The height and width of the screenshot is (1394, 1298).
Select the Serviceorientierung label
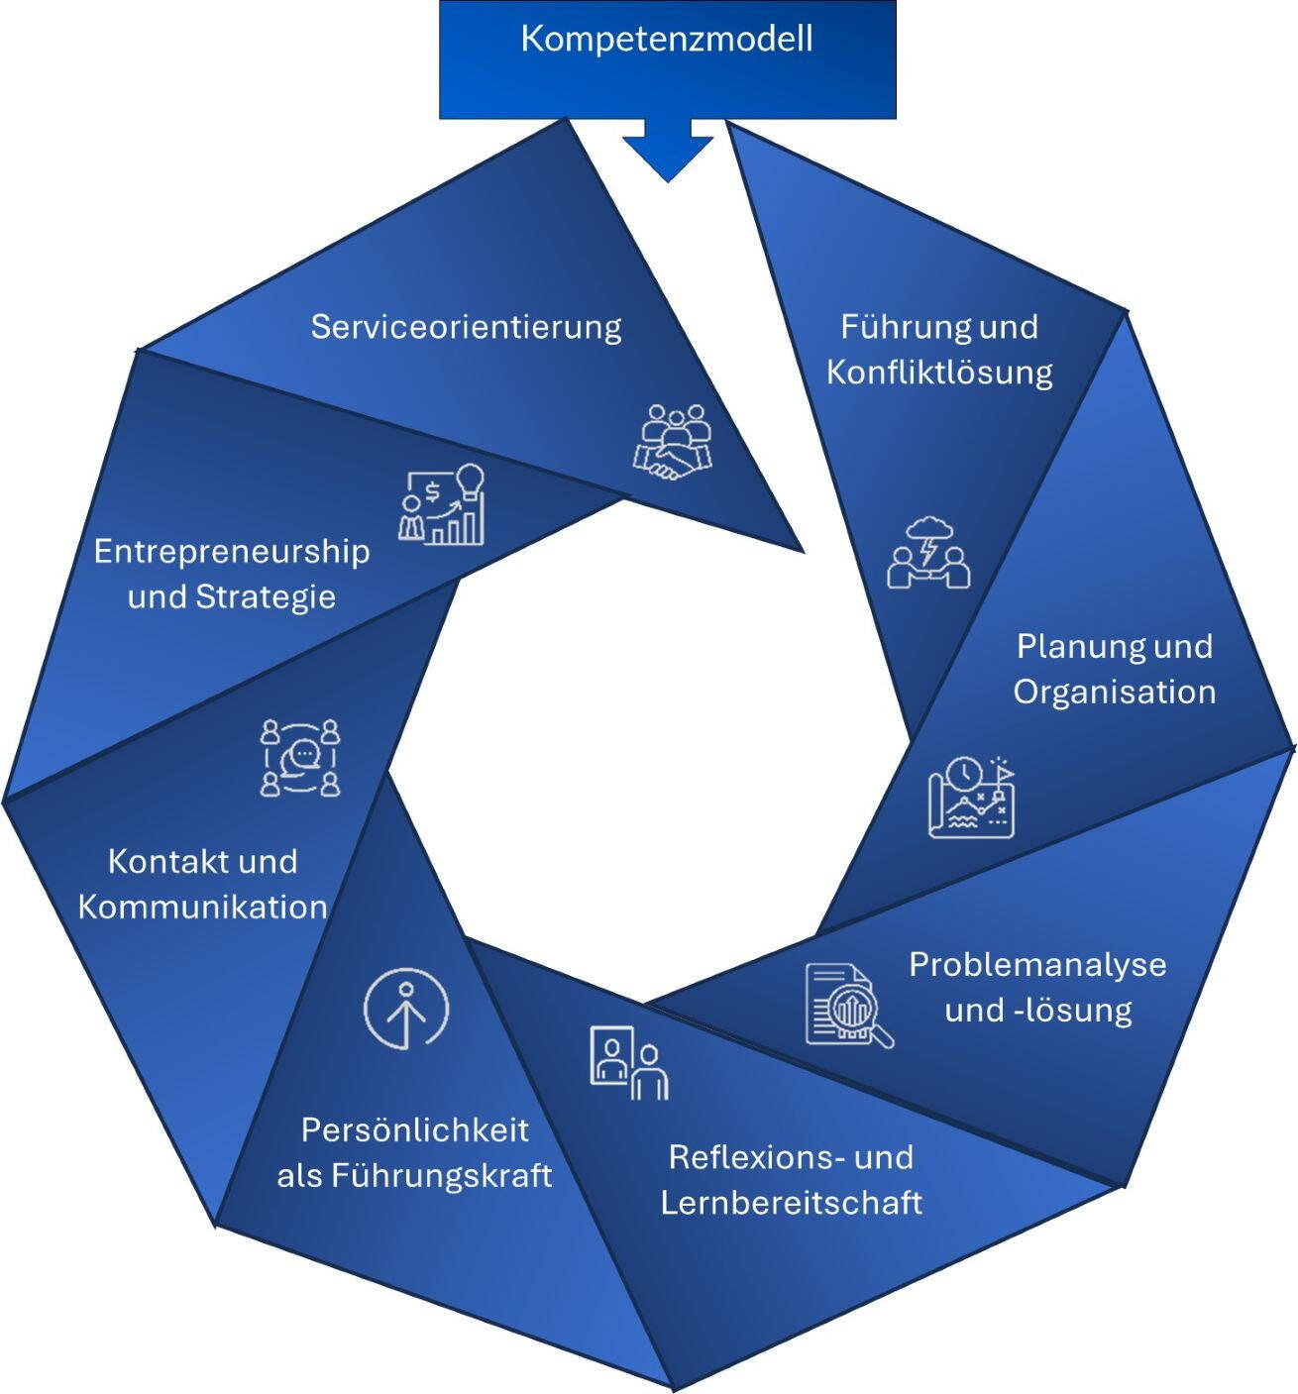[x=466, y=327]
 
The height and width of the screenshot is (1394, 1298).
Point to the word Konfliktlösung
[x=938, y=374]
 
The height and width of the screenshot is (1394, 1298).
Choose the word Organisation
[x=1114, y=692]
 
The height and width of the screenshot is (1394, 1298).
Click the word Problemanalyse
[x=1037, y=964]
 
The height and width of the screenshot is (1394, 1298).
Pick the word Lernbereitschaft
[x=791, y=1203]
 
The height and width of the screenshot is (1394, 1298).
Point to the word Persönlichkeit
[x=414, y=1130]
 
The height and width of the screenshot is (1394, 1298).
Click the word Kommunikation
[x=202, y=907]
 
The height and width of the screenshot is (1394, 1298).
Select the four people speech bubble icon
[x=300, y=758]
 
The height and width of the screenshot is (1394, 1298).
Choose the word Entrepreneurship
[x=231, y=551]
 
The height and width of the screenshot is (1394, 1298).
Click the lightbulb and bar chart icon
[x=444, y=504]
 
